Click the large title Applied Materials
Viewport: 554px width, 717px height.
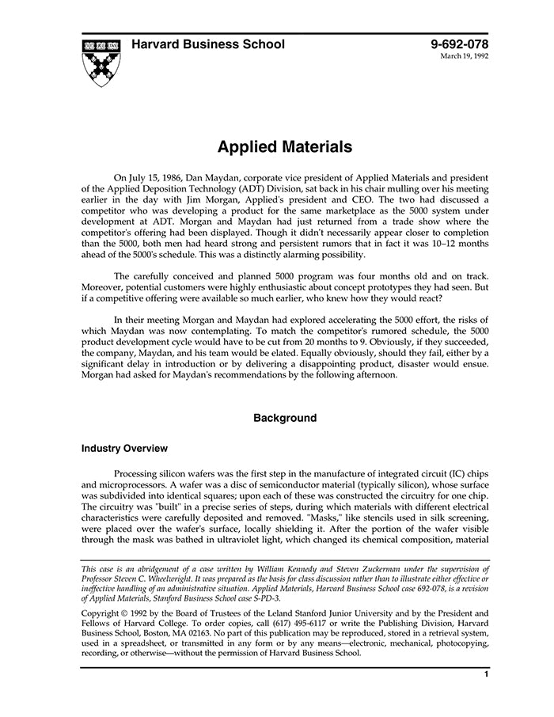[x=285, y=147]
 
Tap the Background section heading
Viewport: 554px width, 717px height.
[x=285, y=418]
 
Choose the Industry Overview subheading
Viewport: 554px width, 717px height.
[x=124, y=449]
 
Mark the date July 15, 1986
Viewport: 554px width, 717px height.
[x=157, y=179]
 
